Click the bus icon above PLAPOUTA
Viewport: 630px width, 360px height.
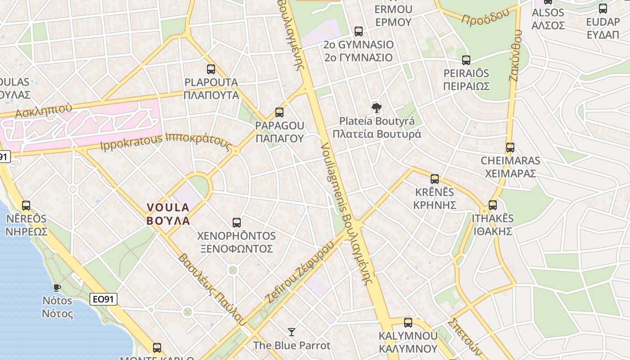(211, 69)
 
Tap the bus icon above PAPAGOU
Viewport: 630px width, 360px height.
(279, 112)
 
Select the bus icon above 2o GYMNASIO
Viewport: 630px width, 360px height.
(359, 31)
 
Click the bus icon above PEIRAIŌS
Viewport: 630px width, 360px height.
(466, 60)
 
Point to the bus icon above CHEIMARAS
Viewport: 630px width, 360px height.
(510, 148)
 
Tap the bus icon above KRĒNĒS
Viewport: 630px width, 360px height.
(434, 179)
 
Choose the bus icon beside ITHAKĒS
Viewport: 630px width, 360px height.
(493, 205)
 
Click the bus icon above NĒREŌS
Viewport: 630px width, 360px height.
(26, 206)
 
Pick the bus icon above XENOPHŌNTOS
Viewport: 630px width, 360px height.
(236, 222)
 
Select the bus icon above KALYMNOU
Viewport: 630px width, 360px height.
(408, 323)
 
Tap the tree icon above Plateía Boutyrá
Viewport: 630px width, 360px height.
(376, 108)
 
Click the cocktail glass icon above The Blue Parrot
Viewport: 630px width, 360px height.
(292, 332)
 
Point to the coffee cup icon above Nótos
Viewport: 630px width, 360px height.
(57, 287)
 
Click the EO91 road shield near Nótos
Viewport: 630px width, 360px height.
(103, 299)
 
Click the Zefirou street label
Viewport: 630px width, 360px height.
(300, 272)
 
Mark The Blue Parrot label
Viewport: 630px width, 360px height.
(292, 346)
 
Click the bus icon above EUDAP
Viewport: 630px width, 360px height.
(603, 8)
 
